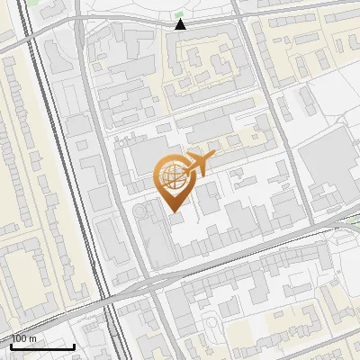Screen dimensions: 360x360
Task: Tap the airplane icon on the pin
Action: pyautogui.click(x=199, y=163)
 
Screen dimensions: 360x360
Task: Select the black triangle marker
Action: pyautogui.click(x=181, y=24)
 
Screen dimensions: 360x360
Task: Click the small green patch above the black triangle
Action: pyautogui.click(x=180, y=14)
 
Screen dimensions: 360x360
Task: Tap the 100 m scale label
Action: pyautogui.click(x=23, y=338)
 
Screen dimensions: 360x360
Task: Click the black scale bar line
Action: pyautogui.click(x=40, y=346)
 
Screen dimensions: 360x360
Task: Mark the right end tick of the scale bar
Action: pyautogui.click(x=73, y=345)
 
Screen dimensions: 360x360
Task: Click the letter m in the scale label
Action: pyautogui.click(x=32, y=338)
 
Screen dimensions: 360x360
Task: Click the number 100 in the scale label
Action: pyautogui.click(x=19, y=338)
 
